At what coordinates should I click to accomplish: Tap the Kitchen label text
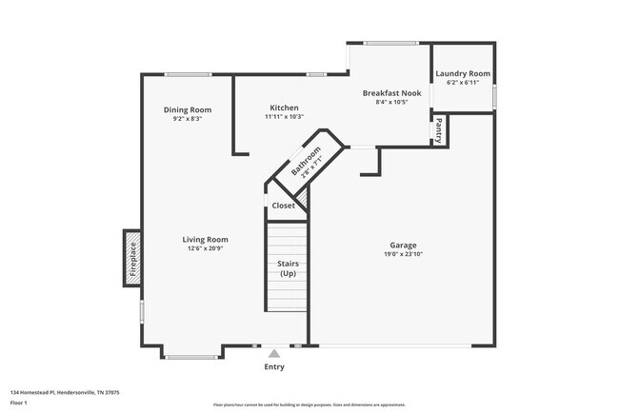pos(284,108)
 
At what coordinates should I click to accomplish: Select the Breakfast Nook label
pos(391,93)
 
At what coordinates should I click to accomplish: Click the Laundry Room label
pos(463,73)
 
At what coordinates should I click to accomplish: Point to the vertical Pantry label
pos(438,129)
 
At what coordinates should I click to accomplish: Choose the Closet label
pos(283,206)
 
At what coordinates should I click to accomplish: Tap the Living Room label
pos(206,240)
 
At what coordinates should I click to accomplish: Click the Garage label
pos(403,245)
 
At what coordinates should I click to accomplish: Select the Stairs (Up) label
pos(287,268)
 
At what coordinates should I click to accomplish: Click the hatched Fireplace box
pos(133,257)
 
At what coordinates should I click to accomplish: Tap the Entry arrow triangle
pos(274,353)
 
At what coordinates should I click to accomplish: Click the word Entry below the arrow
pos(274,367)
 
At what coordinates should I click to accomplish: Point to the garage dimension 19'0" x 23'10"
pos(403,254)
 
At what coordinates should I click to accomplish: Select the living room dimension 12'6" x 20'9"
pos(206,249)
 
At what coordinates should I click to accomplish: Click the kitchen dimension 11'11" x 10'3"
pos(284,117)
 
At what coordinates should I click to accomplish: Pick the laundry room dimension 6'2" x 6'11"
pos(463,83)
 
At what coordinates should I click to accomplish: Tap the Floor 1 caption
pos(19,403)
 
